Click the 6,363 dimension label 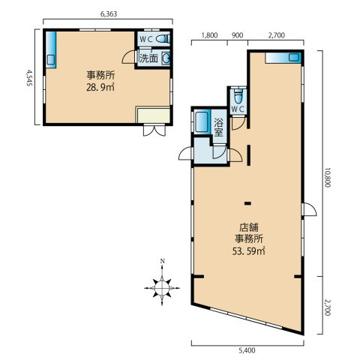109,14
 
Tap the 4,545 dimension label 29,78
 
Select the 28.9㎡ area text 100,88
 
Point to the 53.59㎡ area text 248,251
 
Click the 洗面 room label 148,58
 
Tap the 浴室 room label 218,127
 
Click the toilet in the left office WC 163,39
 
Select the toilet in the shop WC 238,96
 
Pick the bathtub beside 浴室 202,122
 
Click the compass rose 162,288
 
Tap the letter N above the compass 162,262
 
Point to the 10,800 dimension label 328,178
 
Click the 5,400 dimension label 247,351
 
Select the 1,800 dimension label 209,35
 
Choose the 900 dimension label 237,35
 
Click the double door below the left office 154,130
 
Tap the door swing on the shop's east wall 309,209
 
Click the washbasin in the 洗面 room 166,58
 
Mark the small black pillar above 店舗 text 247,203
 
